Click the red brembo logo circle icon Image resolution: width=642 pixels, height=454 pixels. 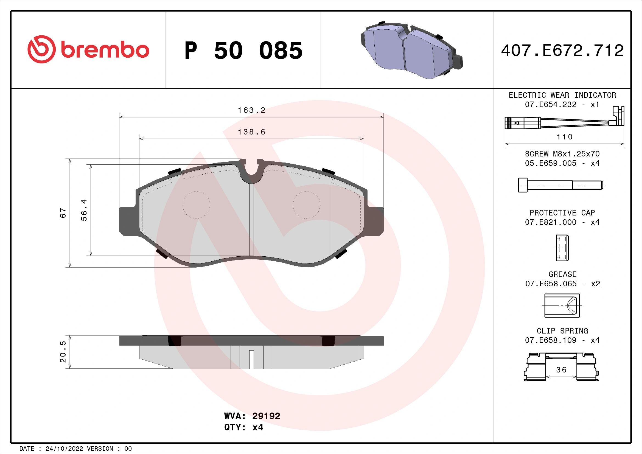[x=41, y=49]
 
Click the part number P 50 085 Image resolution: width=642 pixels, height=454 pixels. [x=243, y=51]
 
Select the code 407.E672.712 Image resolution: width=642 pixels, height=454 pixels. [x=562, y=51]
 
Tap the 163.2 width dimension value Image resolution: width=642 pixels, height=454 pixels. [x=251, y=110]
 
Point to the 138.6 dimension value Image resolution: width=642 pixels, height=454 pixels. [x=251, y=132]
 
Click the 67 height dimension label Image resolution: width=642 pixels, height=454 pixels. [x=63, y=213]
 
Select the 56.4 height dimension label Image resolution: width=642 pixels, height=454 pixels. [x=84, y=210]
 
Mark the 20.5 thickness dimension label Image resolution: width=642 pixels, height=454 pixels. [x=63, y=351]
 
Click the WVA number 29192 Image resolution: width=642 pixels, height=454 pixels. [x=266, y=416]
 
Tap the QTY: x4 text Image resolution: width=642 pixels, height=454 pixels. [x=243, y=427]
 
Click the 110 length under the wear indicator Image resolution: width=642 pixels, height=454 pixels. [x=565, y=137]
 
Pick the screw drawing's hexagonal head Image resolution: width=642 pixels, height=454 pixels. [x=523, y=185]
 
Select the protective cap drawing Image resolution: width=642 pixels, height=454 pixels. [x=562, y=248]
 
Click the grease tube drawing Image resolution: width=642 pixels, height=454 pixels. [x=562, y=306]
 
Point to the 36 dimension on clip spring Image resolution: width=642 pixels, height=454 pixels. [x=561, y=370]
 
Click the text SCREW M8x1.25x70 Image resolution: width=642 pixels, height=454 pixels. [x=562, y=154]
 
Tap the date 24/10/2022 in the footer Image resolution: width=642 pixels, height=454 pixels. [x=64, y=449]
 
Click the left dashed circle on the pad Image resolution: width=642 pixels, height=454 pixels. [x=196, y=205]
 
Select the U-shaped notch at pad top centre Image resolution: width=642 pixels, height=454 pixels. [x=251, y=171]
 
